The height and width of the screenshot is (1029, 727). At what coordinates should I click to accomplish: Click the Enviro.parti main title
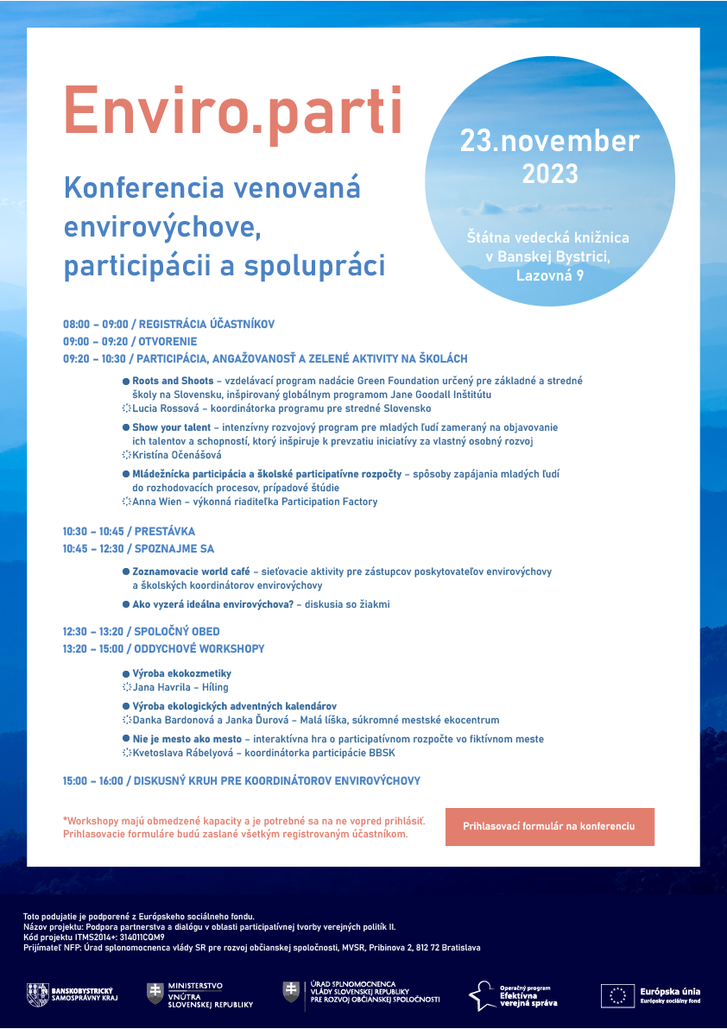click(x=233, y=110)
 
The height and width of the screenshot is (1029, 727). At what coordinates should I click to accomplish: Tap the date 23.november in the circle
click(x=549, y=141)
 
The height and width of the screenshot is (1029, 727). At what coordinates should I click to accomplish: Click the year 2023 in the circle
click(x=549, y=174)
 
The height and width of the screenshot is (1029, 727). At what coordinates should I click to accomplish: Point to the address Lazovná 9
click(x=549, y=276)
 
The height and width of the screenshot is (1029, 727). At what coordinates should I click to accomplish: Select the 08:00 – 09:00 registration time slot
click(x=94, y=325)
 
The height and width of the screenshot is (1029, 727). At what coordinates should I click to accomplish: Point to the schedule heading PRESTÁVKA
click(x=164, y=532)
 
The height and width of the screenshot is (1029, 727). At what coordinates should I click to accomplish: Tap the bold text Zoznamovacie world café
click(x=190, y=571)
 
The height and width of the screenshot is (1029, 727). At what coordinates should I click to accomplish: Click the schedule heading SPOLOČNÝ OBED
click(x=176, y=632)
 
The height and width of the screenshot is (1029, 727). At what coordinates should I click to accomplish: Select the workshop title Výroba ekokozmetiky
click(x=181, y=673)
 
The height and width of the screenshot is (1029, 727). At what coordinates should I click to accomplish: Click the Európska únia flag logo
click(x=617, y=995)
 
